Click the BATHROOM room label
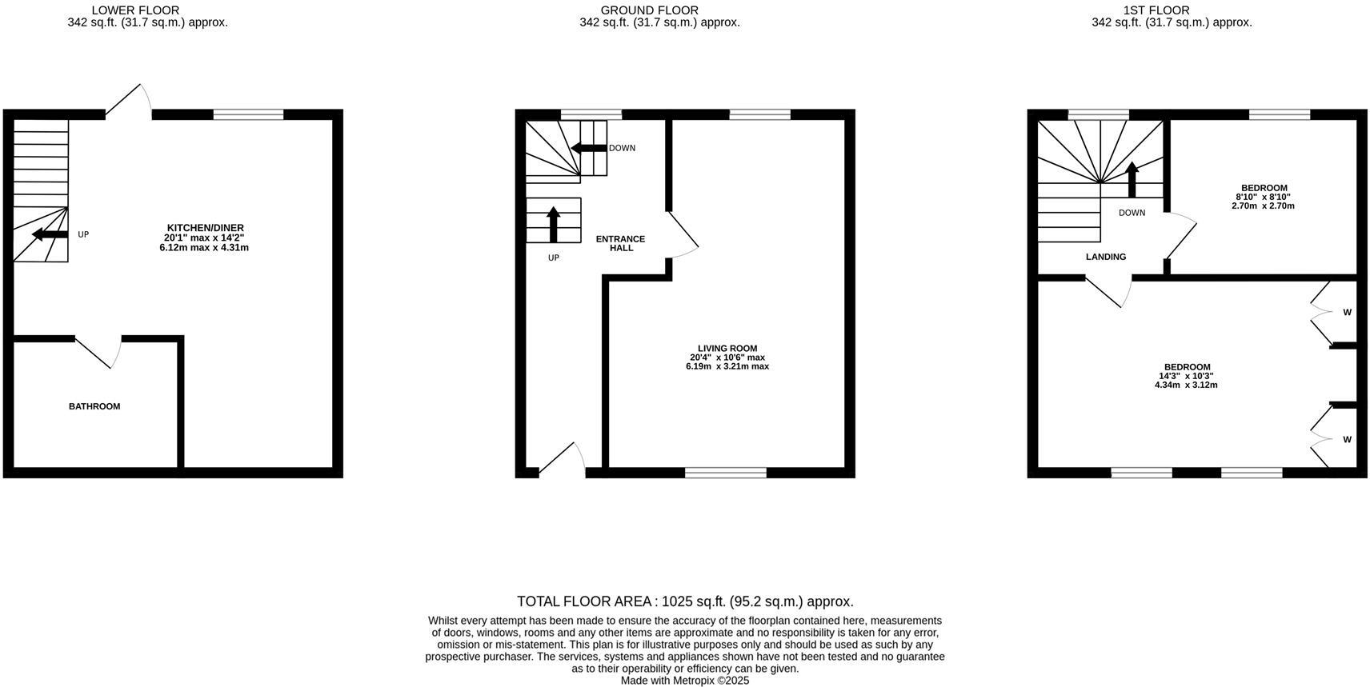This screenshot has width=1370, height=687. pyautogui.click(x=94, y=406)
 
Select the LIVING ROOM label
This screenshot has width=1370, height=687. pyautogui.click(x=727, y=349)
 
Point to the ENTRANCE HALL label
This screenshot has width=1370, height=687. pyautogui.click(x=621, y=243)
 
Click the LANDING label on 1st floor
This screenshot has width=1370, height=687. pyautogui.click(x=1106, y=257)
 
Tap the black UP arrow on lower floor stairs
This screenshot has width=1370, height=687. pyautogui.click(x=50, y=234)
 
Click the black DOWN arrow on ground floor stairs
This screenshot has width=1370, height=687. pyautogui.click(x=588, y=148)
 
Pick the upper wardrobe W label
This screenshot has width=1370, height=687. pyautogui.click(x=1348, y=313)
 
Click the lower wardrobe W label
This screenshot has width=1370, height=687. pyautogui.click(x=1348, y=440)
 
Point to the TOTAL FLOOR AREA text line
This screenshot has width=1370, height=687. pyautogui.click(x=685, y=601)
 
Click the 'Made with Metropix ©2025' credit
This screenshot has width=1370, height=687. pyautogui.click(x=685, y=681)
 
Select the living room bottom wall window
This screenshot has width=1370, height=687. pyautogui.click(x=726, y=473)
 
